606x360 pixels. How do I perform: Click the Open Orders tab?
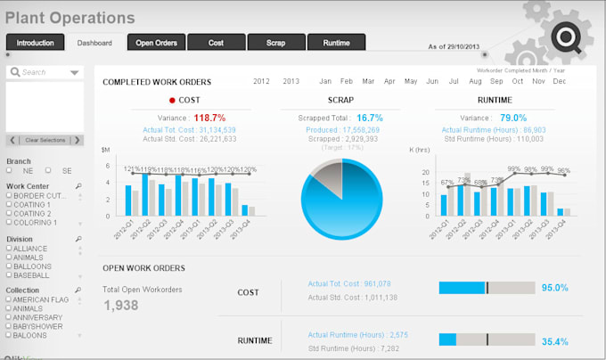[156, 42]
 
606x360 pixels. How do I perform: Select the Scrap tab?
[275, 42]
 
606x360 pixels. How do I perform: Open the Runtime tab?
[336, 42]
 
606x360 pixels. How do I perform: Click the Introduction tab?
[36, 42]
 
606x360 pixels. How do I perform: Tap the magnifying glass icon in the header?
[567, 37]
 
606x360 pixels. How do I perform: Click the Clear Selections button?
[45, 140]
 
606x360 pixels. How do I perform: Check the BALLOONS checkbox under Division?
[10, 266]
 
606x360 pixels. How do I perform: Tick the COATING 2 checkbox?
[10, 214]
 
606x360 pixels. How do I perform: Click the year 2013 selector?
[291, 81]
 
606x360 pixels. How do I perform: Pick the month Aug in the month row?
[474, 81]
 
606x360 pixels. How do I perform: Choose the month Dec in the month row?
[559, 81]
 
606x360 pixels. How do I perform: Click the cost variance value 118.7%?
[209, 118]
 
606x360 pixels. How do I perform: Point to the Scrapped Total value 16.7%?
[369, 118]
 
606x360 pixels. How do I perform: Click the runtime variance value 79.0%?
[512, 118]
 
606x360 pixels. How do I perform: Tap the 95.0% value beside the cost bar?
[554, 288]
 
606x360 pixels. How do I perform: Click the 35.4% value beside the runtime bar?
[554, 340]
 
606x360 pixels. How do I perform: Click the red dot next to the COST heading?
[172, 101]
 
